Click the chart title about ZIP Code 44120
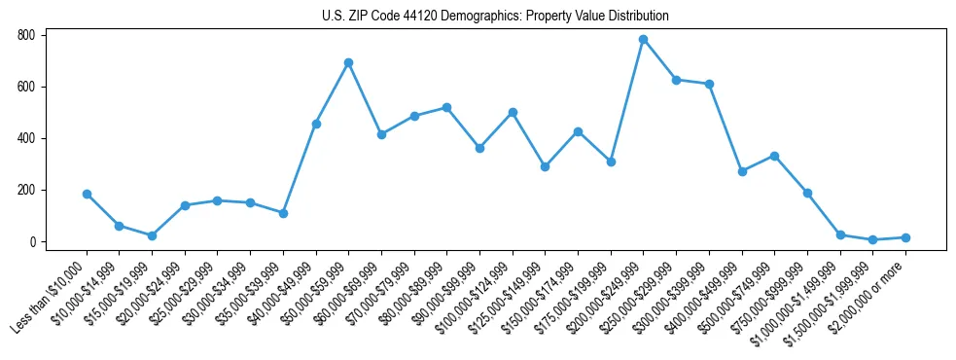coord(495,17)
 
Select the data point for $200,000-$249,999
coord(643,40)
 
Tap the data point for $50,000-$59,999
coord(348,62)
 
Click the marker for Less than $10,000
coord(87,194)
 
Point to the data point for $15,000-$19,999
coord(152,235)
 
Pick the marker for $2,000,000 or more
coord(905,237)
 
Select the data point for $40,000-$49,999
coord(316,124)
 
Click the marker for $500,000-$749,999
coord(774,156)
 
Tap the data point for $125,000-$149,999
coord(545,166)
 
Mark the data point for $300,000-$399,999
coord(709,84)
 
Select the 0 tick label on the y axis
coord(32,241)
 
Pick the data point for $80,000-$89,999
coord(446,107)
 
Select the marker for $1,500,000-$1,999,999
coord(872,239)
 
